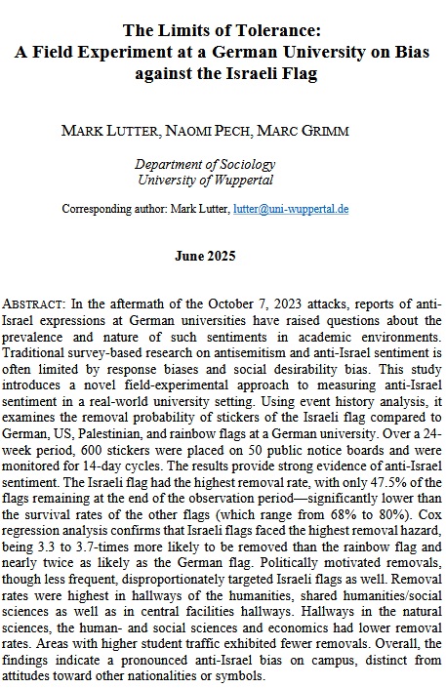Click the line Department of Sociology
click(x=223, y=165)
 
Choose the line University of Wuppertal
click(x=223, y=181)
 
